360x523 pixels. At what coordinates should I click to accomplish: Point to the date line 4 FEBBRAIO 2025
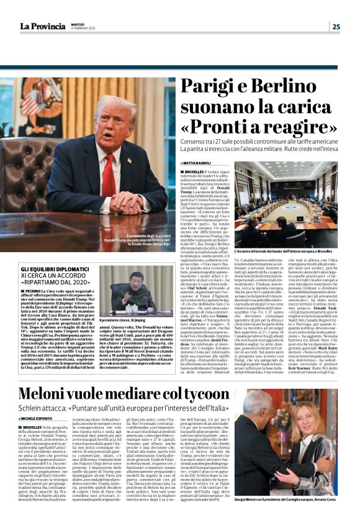[82, 28]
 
